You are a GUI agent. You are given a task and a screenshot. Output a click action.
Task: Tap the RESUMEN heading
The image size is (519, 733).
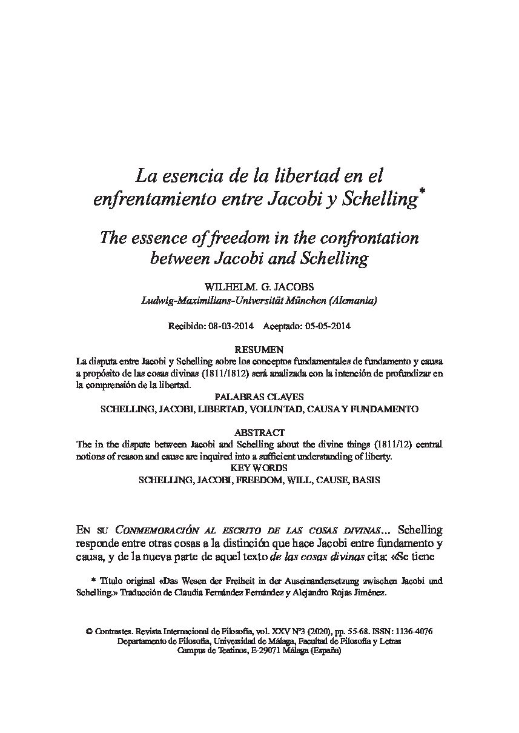coord(259,349)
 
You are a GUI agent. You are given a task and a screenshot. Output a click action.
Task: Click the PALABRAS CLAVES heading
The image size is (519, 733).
coord(259,397)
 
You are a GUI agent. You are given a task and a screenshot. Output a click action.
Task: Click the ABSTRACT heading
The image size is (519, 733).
coord(259,433)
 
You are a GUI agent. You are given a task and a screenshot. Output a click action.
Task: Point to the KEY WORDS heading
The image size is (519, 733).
coord(259,468)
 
